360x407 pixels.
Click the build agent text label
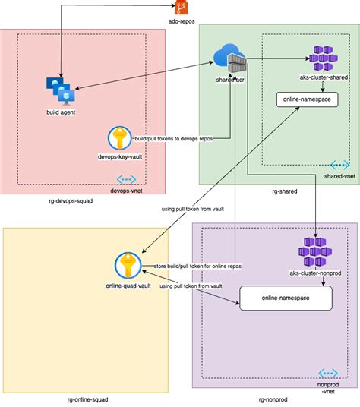point(61,113)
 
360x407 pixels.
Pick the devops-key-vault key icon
point(119,139)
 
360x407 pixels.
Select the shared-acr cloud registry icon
point(231,59)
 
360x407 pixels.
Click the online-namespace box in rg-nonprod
point(286,298)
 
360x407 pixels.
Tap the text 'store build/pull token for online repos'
point(197,266)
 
